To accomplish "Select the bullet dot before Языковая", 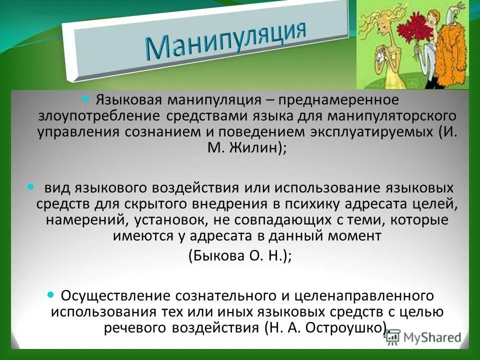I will point(84,98).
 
